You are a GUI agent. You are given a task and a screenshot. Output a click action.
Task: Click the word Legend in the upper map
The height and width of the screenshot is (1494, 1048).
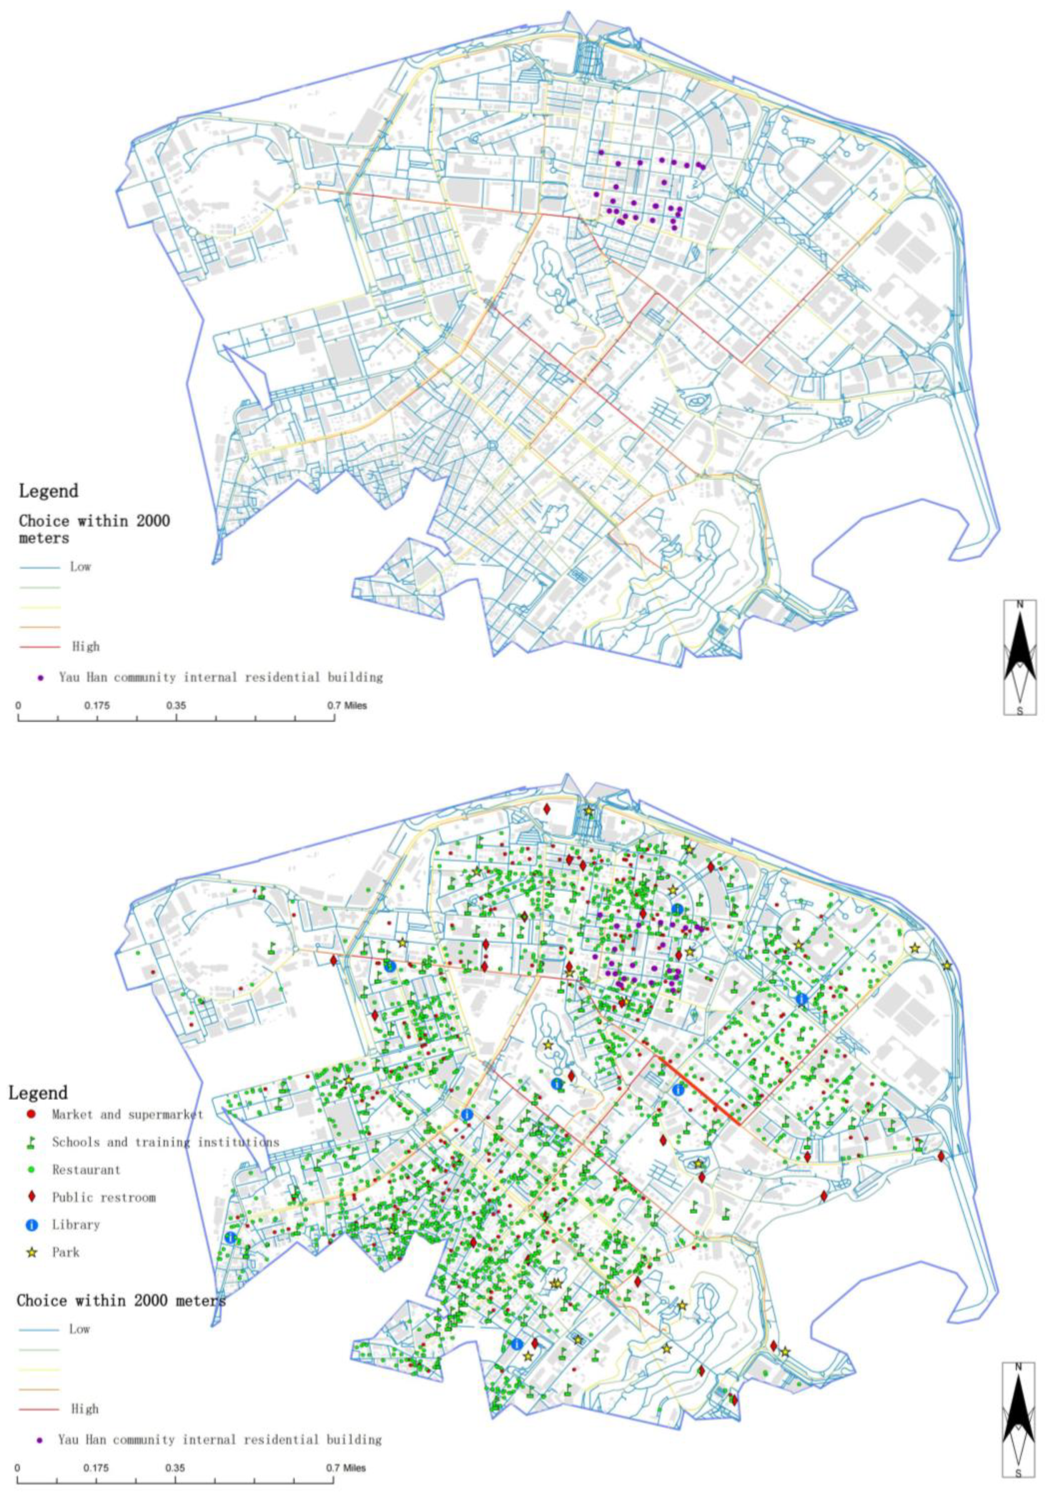(x=49, y=491)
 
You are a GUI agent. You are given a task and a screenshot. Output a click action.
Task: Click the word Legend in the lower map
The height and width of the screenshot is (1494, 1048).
(x=38, y=1093)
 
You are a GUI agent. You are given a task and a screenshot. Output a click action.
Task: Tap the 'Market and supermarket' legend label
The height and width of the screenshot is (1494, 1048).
(x=127, y=1115)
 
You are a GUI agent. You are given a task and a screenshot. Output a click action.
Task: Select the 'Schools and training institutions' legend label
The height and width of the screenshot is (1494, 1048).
(x=165, y=1142)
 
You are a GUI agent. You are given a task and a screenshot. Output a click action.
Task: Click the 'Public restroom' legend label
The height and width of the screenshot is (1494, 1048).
(x=104, y=1197)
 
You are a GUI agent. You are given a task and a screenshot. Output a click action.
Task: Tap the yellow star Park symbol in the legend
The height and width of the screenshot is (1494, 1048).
(x=32, y=1252)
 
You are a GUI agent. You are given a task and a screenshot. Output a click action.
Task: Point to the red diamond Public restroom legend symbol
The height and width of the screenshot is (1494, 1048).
(x=32, y=1197)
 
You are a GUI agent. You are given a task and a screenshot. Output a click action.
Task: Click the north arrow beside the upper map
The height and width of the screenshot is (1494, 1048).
(x=1019, y=657)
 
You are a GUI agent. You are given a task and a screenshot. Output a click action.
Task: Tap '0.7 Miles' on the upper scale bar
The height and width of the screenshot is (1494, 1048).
(x=347, y=705)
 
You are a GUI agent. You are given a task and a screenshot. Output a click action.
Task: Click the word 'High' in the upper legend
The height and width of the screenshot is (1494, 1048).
(x=85, y=647)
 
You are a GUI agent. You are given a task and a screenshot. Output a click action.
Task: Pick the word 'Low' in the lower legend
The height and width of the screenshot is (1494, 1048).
(x=79, y=1330)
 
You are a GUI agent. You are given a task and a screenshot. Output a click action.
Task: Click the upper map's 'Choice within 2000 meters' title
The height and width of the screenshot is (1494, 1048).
(x=94, y=529)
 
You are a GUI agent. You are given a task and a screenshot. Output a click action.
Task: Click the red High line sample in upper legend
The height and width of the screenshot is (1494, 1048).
(x=40, y=647)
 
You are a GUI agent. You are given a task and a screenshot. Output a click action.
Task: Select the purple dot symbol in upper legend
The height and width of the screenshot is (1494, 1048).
(x=40, y=677)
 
